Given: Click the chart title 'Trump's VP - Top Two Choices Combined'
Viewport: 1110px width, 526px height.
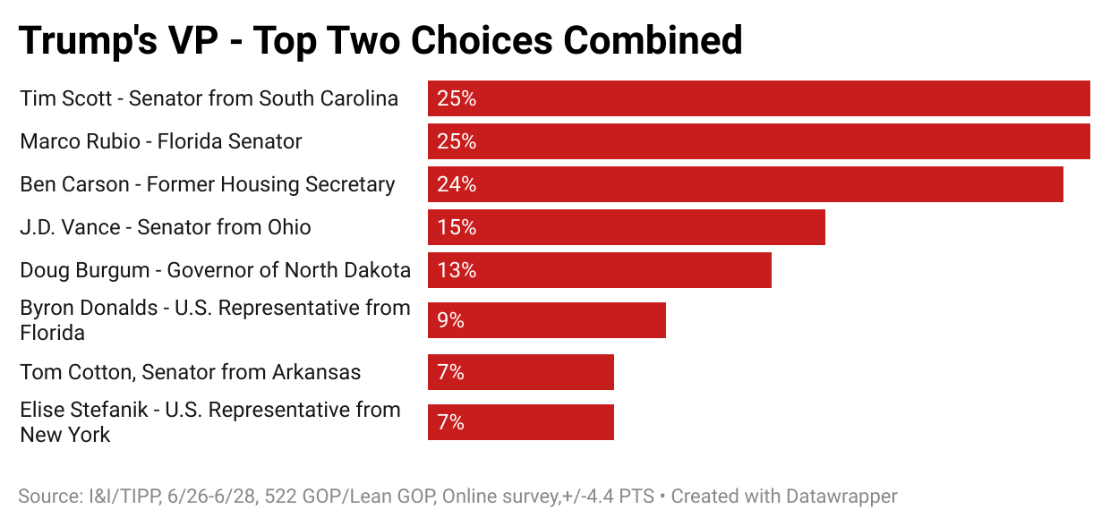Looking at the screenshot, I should pyautogui.click(x=380, y=40).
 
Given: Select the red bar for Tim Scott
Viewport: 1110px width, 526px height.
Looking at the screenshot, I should pyautogui.click(x=758, y=98).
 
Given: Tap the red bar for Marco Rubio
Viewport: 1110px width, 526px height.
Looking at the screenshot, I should pyautogui.click(x=758, y=141).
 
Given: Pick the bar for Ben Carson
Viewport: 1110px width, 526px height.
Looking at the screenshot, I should pyautogui.click(x=745, y=184).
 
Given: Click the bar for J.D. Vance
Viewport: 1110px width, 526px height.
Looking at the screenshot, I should pyautogui.click(x=626, y=227).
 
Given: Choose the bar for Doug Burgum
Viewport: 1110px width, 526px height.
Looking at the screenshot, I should pyautogui.click(x=599, y=270).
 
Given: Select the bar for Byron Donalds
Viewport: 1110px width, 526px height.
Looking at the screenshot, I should pyautogui.click(x=546, y=320).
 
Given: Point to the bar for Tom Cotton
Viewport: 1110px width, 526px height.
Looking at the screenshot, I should pyautogui.click(x=520, y=372).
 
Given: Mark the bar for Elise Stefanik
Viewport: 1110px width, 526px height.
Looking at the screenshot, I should pyautogui.click(x=520, y=422).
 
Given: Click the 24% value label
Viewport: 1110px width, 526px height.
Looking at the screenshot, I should pyautogui.click(x=457, y=184).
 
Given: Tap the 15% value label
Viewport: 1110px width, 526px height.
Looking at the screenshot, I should pyautogui.click(x=457, y=227).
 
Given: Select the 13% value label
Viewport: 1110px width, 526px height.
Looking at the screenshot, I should pyautogui.click(x=457, y=270).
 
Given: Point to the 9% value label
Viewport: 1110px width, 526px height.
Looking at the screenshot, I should pyautogui.click(x=450, y=320).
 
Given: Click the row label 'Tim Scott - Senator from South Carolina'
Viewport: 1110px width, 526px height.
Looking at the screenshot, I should pyautogui.click(x=209, y=98).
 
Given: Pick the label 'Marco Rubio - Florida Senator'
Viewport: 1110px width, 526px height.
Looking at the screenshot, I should pyautogui.click(x=161, y=141).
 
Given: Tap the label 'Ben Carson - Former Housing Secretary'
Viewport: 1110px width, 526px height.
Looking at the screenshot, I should pyautogui.click(x=207, y=184).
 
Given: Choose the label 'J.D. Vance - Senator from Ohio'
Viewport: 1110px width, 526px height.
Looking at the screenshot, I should pyautogui.click(x=166, y=227).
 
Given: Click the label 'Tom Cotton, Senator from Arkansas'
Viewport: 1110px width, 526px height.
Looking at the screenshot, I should pyautogui.click(x=190, y=372).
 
